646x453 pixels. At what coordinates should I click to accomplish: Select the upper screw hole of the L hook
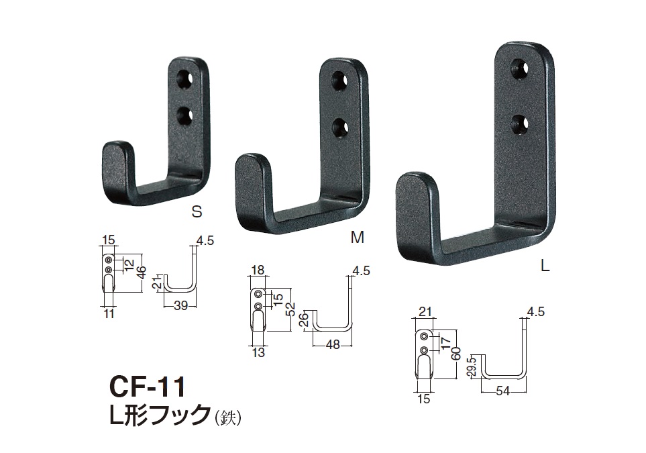coord(520,69)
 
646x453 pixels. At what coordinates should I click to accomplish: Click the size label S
coord(197,211)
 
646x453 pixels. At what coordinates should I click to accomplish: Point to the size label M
coord(357,237)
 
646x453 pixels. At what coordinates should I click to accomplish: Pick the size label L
coord(545,266)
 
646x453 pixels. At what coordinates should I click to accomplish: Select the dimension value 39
coord(181,305)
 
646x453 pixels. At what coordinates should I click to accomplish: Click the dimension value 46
coord(142,273)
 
